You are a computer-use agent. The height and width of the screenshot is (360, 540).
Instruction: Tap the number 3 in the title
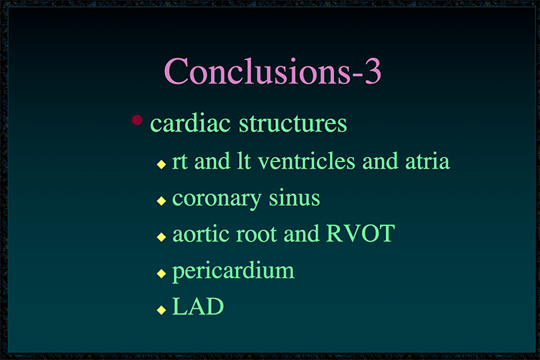pos(373,71)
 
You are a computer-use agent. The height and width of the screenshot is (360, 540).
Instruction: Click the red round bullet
pos(137,120)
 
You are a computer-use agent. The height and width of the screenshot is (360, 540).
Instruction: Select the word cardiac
pos(190,123)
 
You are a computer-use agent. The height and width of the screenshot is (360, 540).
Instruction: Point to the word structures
pos(293,123)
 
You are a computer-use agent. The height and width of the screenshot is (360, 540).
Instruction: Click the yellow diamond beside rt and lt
pos(161,164)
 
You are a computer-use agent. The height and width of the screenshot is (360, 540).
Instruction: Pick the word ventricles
pos(306,161)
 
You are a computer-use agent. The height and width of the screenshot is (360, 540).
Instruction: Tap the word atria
pos(428,161)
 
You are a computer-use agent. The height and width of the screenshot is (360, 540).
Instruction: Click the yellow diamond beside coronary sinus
pos(161,201)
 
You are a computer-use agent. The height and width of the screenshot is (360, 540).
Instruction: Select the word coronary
pos(217,199)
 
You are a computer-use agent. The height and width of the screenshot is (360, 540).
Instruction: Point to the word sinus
pos(294,198)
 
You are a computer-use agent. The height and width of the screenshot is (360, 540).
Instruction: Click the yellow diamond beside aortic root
pos(161,237)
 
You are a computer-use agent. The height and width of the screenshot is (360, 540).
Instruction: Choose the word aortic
pos(201,234)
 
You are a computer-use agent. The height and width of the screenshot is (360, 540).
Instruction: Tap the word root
pos(256,234)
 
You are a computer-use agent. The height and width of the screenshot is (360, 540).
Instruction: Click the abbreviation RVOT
pos(360,233)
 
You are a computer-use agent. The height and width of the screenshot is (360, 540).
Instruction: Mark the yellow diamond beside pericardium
pos(161,274)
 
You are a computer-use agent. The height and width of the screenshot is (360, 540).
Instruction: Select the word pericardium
pos(233,271)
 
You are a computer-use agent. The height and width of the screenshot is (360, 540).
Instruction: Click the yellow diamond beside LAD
pos(161,310)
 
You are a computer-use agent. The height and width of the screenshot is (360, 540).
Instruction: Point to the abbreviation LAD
pos(198,306)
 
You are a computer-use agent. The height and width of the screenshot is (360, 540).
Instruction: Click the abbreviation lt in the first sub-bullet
pos(243,161)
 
